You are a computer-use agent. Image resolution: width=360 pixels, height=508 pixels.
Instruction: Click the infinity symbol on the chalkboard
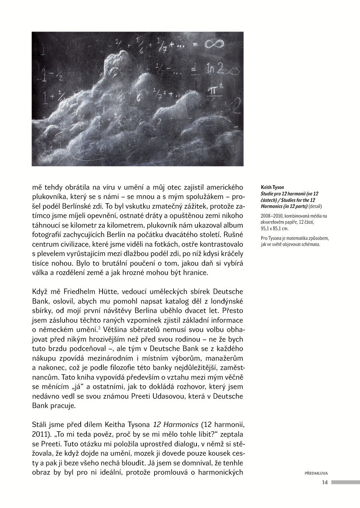pos(214,44)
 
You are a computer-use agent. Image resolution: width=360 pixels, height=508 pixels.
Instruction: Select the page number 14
pos(325,483)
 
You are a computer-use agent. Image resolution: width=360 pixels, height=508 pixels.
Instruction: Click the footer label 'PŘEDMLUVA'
pos(316,473)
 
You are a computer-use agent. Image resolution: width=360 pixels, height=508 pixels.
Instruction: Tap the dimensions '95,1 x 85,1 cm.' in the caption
pos(275,228)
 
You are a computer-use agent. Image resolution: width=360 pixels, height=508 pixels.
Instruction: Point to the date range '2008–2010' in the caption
pos(271,216)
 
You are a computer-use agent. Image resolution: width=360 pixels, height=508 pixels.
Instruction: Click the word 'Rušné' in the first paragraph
pos(235,235)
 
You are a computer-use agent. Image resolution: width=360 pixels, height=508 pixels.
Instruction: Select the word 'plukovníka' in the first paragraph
pos(47,197)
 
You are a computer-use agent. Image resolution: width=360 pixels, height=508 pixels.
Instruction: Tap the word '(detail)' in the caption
pos(316,206)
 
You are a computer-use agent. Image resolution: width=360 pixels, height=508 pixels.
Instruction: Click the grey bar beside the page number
pos(345,483)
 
